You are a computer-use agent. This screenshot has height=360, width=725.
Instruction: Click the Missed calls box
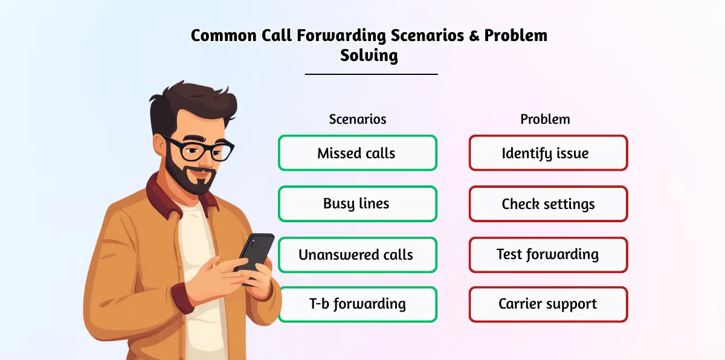click(358, 153)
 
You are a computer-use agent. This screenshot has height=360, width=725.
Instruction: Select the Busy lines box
click(358, 204)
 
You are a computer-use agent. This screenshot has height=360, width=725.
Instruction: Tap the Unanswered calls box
click(358, 255)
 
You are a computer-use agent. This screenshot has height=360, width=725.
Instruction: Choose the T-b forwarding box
click(358, 304)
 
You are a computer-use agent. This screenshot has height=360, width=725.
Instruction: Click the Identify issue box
click(549, 153)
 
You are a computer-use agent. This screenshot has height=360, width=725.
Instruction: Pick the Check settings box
click(549, 204)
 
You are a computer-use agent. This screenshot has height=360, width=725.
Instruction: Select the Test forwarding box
click(549, 255)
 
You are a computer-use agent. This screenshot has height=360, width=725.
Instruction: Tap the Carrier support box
click(549, 304)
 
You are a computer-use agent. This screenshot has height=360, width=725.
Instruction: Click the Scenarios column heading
click(358, 119)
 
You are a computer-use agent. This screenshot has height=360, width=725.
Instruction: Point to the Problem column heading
click(545, 119)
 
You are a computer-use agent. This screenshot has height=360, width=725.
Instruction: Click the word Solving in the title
click(369, 56)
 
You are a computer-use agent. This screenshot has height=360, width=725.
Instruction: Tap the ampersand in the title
click(474, 36)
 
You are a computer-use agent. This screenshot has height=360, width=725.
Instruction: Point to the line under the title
click(371, 74)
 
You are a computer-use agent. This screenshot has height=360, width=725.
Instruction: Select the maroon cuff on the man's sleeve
click(183, 298)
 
